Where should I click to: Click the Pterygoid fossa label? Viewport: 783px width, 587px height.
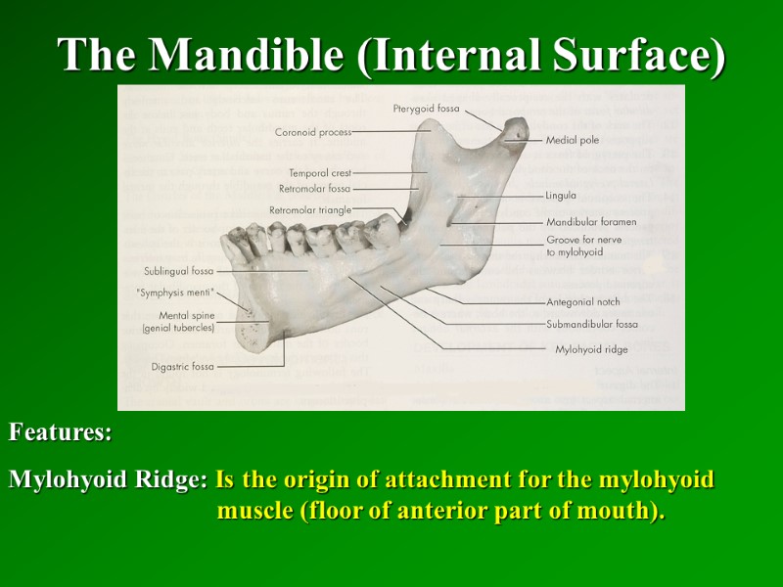426,108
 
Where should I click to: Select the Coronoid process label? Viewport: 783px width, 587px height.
313,131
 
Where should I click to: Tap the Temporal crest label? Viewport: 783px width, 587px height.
320,173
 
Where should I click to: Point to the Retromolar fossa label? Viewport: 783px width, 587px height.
314,188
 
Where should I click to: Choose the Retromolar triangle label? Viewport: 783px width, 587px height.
310,209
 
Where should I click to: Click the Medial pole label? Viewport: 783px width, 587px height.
573,140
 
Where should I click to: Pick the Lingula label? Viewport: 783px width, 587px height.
561,196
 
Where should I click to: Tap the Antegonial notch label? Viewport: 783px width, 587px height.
583,302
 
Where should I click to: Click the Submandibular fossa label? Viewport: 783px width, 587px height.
592,324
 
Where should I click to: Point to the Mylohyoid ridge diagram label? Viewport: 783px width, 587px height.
591,348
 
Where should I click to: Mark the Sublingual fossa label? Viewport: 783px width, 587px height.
178,271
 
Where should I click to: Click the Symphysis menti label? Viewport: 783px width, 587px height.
173,292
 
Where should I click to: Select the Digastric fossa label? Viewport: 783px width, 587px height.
183,367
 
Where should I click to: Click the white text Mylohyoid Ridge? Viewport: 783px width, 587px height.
108,480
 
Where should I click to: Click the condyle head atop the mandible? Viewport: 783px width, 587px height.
515,130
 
